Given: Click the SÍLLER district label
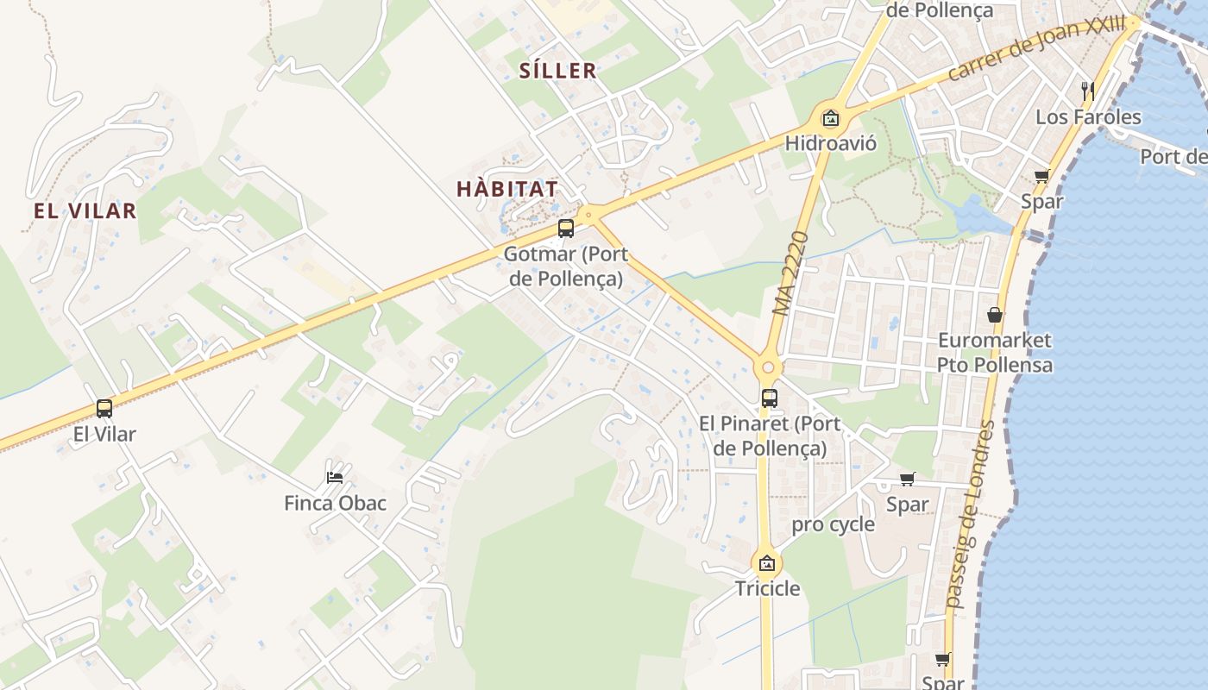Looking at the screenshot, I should tap(557, 71).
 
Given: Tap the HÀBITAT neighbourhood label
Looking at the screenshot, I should tap(506, 188).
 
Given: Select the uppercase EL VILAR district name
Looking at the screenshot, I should tap(85, 210).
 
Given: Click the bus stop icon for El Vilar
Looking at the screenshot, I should tap(104, 408).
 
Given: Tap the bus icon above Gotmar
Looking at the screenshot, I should tap(566, 229).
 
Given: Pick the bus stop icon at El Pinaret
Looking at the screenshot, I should tap(770, 398).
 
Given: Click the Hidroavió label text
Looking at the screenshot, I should tap(830, 143).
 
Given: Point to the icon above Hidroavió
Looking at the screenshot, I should tap(830, 118).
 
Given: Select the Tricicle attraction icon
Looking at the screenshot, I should tap(766, 564).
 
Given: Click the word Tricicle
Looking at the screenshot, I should tap(767, 589).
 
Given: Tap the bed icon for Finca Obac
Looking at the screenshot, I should tap(335, 477).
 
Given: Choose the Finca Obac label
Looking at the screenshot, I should tap(335, 503).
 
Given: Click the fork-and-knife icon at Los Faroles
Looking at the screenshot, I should tap(1087, 91).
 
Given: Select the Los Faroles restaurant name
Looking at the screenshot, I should tap(1087, 116).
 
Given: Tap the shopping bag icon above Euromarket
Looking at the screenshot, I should tap(995, 315).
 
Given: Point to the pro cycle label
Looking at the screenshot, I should tap(833, 524).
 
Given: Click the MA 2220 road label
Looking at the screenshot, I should tap(791, 273).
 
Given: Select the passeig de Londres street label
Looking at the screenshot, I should tap(971, 515).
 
